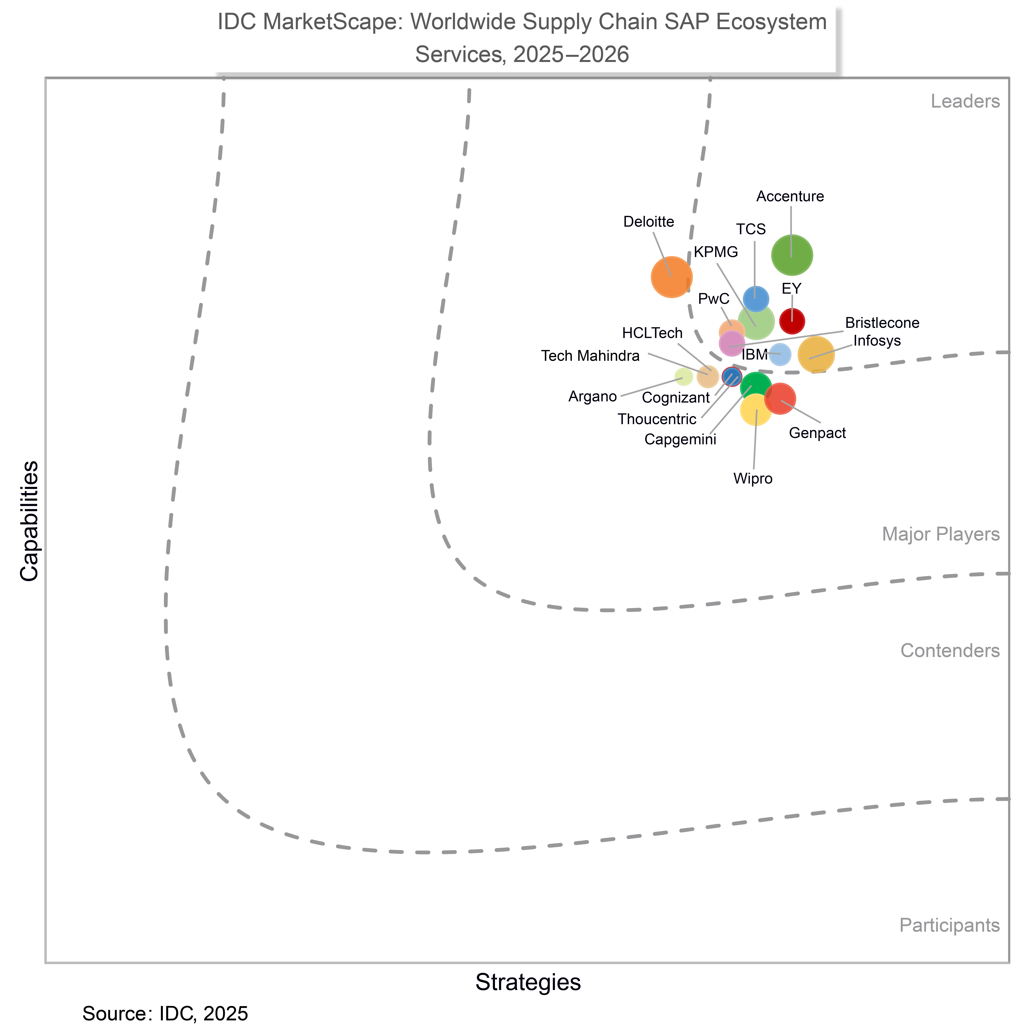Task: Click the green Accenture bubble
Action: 792,255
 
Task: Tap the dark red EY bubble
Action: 792,321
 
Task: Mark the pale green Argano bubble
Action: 683,377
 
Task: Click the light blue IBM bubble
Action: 780,355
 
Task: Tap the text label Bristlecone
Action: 882,323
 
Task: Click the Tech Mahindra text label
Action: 590,356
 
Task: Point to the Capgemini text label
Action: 680,439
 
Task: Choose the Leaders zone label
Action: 965,102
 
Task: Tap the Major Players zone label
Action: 941,534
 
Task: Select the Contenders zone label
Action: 950,651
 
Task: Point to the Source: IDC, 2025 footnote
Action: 165,1013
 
